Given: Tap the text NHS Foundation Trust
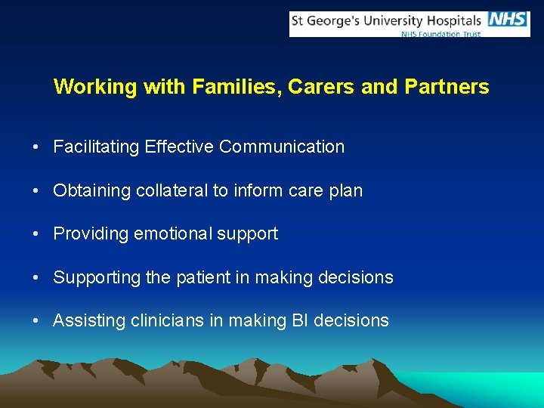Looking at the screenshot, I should coord(440,34).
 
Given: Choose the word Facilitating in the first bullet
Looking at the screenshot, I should coord(93,147).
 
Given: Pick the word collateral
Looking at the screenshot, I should coord(172,190).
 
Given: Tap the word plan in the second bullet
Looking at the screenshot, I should coord(346,190).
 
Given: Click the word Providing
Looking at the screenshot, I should coord(91,233).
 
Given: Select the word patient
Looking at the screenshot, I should coord(202,277).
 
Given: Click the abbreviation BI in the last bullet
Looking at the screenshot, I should coord(300,320).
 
